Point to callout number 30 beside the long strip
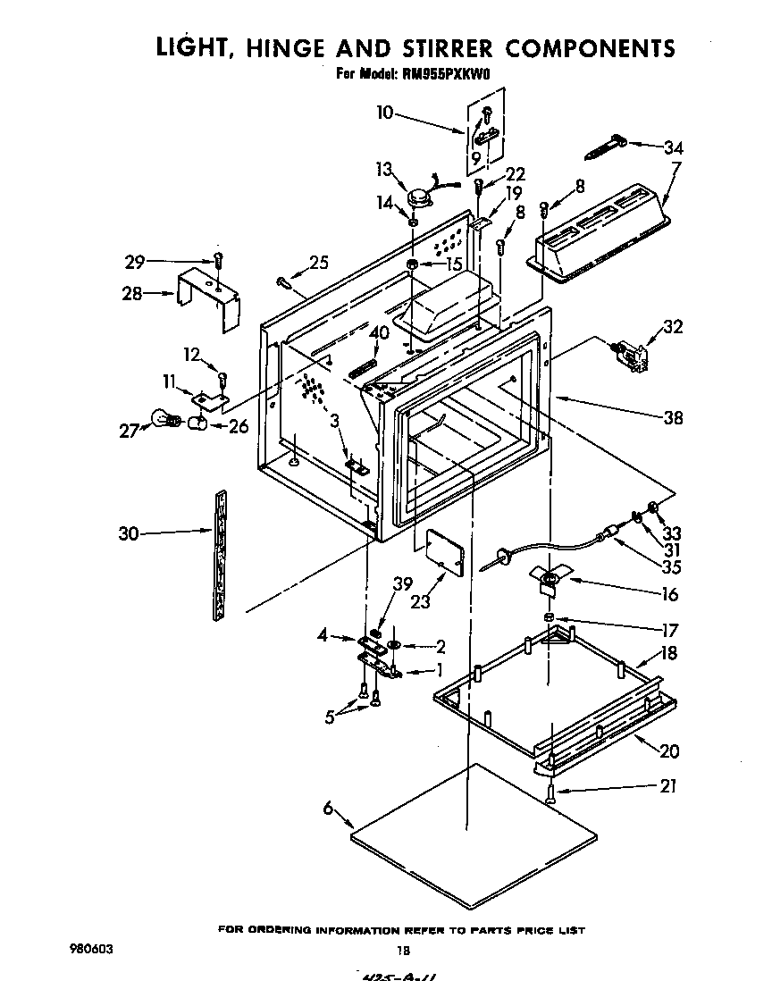pyautogui.click(x=130, y=534)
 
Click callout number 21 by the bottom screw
pyautogui.click(x=667, y=786)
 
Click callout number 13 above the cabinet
pyautogui.click(x=384, y=170)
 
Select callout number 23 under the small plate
pyautogui.click(x=419, y=601)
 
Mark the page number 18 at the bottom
pyautogui.click(x=403, y=950)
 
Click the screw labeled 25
pyautogui.click(x=285, y=282)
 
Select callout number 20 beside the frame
pyautogui.click(x=668, y=750)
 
